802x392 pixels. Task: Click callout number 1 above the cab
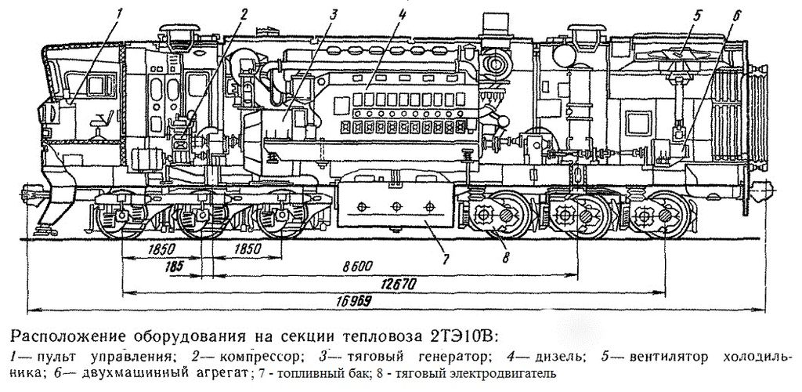[119, 14]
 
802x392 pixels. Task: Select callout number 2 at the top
[243, 14]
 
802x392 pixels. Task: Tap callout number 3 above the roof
[333, 14]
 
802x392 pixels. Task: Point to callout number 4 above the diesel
[402, 14]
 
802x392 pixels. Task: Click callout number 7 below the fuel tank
[445, 259]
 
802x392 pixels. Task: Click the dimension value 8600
[357, 266]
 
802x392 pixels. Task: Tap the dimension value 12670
[396, 284]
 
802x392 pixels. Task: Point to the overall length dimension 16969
[354, 301]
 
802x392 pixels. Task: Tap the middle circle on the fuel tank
[396, 205]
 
